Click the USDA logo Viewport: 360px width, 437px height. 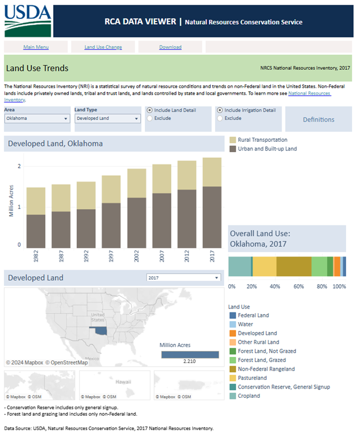click(28, 21)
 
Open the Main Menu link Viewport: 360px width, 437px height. click(36, 47)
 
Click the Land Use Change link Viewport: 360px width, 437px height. click(103, 47)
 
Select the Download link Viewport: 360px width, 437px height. click(170, 47)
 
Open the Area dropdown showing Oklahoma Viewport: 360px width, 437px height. click(37, 119)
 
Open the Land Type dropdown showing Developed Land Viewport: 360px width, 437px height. click(107, 119)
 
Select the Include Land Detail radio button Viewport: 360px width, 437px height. click(150, 110)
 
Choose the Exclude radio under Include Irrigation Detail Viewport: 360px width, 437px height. click(220, 118)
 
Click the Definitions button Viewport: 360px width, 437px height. click(318, 120)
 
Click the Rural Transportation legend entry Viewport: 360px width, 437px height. click(262, 140)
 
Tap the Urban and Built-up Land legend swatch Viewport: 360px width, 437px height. click(232, 149)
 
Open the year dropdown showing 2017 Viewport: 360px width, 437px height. click(184, 277)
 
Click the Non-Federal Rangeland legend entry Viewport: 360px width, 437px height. click(266, 369)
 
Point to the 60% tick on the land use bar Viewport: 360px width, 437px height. click(298, 286)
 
